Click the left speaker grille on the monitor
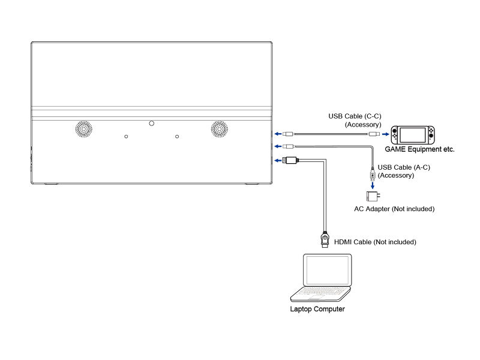[83, 129]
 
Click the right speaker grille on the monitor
[219, 129]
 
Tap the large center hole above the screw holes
[152, 124]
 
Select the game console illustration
[413, 135]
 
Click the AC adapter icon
[373, 196]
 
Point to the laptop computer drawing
[320, 278]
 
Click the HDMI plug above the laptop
[325, 239]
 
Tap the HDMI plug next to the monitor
[290, 160]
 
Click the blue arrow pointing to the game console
[385, 134]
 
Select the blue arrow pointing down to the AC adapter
[373, 185]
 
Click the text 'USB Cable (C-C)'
[355, 116]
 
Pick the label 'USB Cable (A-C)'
[404, 167]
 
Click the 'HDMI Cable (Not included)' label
[375, 242]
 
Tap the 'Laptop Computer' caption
[317, 309]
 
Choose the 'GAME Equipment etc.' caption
[419, 149]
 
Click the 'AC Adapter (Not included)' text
[394, 209]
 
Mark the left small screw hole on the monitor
[126, 137]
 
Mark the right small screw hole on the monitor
[177, 137]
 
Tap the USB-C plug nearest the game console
[374, 134]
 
